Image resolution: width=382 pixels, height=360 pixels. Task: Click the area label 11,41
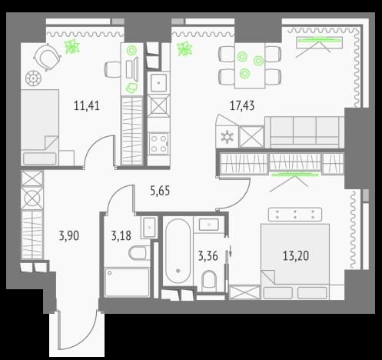click(87, 105)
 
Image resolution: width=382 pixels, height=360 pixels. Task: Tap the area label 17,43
click(242, 105)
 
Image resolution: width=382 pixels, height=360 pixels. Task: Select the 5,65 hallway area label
click(160, 191)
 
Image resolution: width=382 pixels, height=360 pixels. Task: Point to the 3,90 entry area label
click(69, 235)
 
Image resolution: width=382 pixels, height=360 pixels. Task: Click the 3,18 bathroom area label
click(121, 235)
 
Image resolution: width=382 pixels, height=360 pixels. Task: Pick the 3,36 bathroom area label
click(208, 256)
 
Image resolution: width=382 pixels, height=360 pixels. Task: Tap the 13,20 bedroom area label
click(296, 256)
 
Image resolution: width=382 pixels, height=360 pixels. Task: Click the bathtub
click(178, 251)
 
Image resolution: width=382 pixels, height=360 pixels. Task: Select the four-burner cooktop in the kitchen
click(159, 144)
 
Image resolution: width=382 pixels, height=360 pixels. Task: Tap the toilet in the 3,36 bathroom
click(209, 281)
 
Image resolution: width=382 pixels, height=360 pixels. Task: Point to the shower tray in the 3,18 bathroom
click(127, 282)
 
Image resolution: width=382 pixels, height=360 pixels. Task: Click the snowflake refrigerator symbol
click(227, 137)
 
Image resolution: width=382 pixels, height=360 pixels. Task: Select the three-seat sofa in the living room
click(304, 132)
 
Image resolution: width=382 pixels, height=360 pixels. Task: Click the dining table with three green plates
click(250, 65)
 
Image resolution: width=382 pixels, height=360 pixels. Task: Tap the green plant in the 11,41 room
click(72, 46)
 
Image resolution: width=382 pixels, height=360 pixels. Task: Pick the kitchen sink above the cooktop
click(159, 82)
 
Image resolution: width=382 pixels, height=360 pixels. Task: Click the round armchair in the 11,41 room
click(48, 57)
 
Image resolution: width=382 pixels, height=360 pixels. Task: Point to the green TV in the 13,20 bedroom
click(295, 175)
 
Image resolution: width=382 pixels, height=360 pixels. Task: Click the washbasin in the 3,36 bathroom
click(209, 225)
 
